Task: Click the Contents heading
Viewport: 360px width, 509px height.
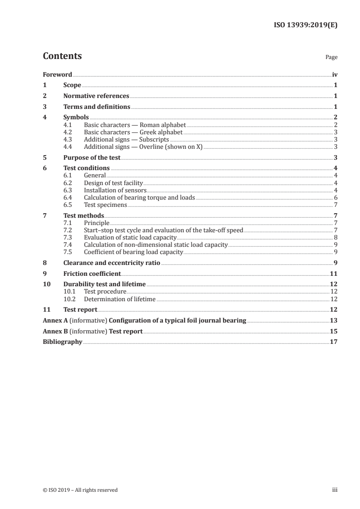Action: (x=62, y=56)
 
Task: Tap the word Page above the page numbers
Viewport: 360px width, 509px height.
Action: (x=331, y=58)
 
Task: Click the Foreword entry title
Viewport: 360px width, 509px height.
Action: (x=57, y=74)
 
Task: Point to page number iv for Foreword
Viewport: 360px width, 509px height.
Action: (x=335, y=74)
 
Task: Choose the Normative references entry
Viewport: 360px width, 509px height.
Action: (x=96, y=96)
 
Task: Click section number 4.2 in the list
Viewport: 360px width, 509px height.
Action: (x=68, y=132)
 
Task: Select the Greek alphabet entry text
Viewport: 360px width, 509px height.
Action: (x=133, y=132)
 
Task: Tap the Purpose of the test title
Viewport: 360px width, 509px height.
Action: (x=92, y=157)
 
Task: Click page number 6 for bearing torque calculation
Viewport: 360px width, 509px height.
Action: (x=335, y=197)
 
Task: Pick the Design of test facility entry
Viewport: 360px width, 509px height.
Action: (x=113, y=183)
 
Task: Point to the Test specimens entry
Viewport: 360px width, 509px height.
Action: (x=105, y=205)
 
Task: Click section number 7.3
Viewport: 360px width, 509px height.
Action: (x=68, y=237)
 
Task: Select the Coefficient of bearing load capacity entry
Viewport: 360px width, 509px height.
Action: (x=133, y=252)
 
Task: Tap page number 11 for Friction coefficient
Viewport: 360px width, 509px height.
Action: (x=334, y=274)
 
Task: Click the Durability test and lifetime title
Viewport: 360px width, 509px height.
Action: (x=104, y=284)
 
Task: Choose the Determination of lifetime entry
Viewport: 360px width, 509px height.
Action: (x=120, y=299)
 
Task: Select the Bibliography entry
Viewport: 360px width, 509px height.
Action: (x=62, y=342)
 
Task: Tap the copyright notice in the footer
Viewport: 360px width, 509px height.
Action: (x=80, y=490)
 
